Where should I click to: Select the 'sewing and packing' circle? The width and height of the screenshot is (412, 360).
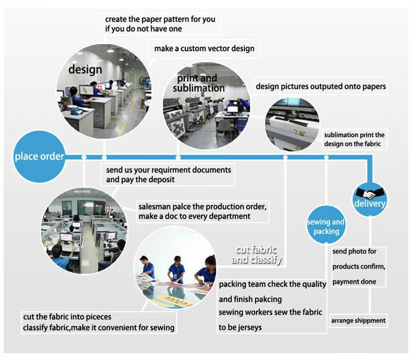(x=326, y=226)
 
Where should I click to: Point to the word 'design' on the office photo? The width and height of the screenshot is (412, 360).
(x=85, y=69)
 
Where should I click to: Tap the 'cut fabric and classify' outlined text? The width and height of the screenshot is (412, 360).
(x=257, y=255)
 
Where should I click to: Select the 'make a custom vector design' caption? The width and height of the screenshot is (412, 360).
(x=204, y=48)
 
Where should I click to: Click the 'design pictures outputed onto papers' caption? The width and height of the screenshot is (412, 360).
(x=321, y=86)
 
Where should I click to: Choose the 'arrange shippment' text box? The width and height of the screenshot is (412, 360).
(x=358, y=321)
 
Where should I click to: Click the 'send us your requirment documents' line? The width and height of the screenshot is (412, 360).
(x=169, y=170)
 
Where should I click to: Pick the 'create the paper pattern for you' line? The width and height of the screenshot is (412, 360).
(x=160, y=19)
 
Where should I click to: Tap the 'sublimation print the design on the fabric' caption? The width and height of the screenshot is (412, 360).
(x=354, y=140)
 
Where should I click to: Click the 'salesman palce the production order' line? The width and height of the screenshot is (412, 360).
(x=202, y=206)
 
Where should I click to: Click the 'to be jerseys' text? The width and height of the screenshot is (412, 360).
(x=240, y=327)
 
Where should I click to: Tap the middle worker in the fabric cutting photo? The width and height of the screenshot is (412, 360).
(x=177, y=269)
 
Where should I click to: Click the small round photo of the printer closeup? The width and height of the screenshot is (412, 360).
(x=292, y=124)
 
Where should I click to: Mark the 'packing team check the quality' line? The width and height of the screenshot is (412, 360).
(x=272, y=284)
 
